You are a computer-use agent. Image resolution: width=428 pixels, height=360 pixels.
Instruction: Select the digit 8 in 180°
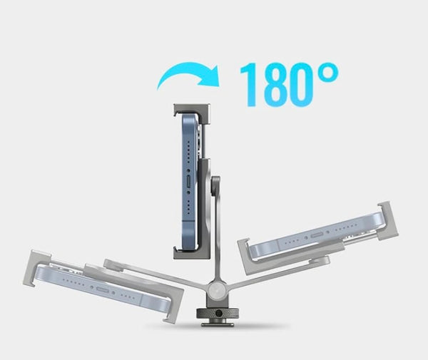click(x=273, y=85)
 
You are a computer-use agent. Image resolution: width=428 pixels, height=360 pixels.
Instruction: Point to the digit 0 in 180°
click(x=301, y=85)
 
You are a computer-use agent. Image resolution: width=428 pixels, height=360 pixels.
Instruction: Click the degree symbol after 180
click(x=328, y=73)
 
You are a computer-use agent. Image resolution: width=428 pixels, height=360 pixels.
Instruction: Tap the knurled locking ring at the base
click(x=218, y=313)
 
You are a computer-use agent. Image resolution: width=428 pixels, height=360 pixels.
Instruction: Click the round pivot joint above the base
click(x=218, y=289)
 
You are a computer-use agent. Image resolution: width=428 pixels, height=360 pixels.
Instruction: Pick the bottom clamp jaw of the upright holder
click(x=192, y=252)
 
